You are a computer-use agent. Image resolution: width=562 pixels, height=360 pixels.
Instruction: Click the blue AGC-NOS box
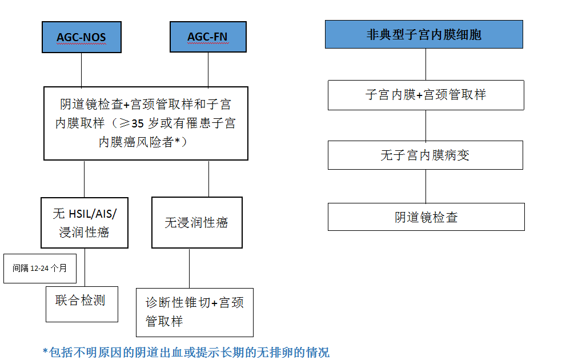[82, 37]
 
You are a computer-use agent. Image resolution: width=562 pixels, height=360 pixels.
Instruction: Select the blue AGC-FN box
[208, 37]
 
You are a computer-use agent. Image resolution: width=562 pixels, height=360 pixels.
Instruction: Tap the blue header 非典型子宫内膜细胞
[424, 34]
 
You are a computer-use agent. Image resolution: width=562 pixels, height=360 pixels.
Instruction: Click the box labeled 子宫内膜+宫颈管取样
[426, 95]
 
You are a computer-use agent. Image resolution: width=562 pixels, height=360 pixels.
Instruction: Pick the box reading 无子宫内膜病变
[425, 155]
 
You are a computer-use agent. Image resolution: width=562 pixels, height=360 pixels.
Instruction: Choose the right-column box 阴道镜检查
[426, 217]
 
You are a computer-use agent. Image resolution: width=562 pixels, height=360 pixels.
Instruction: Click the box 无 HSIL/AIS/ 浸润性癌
[85, 223]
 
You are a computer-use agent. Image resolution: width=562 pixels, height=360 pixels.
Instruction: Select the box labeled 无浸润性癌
[197, 222]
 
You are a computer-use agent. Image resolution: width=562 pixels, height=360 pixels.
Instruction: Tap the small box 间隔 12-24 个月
[40, 269]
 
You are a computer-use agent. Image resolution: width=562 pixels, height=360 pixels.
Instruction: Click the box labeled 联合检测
[82, 304]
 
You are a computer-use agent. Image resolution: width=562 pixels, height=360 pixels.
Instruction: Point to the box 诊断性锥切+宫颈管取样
[195, 313]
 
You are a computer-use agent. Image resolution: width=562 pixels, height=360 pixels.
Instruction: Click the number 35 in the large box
[138, 123]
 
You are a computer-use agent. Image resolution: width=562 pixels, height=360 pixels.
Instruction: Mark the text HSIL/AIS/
[93, 214]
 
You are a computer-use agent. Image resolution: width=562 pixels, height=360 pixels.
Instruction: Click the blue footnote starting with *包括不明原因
[186, 353]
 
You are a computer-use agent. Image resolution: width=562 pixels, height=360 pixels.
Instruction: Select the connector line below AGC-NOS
[81, 70]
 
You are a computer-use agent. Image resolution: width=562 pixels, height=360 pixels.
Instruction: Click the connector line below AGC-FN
[208, 70]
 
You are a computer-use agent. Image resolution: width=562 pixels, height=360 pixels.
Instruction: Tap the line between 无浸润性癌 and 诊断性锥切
[189, 268]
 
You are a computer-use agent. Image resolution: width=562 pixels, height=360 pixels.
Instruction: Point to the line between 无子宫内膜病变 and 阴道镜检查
[426, 186]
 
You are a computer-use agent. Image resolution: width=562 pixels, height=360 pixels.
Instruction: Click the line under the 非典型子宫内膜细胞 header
[426, 64]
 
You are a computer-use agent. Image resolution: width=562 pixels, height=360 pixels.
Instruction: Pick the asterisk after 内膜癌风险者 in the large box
[177, 141]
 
